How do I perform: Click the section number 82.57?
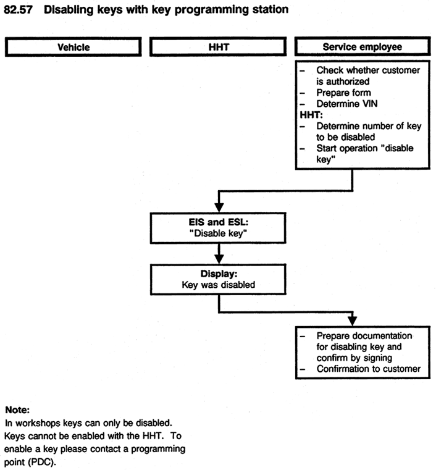18,10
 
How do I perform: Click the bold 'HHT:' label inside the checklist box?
311,115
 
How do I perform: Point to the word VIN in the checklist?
370,104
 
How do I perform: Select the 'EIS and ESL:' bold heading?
219,222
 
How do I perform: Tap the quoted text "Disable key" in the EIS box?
218,233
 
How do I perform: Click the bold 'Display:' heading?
219,274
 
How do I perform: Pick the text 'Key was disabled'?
219,285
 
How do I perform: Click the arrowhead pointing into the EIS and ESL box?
219,208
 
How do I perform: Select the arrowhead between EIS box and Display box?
219,259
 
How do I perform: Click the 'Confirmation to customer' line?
369,369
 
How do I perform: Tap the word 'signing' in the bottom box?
378,358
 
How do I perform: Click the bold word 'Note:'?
17,409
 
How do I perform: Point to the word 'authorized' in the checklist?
348,82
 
